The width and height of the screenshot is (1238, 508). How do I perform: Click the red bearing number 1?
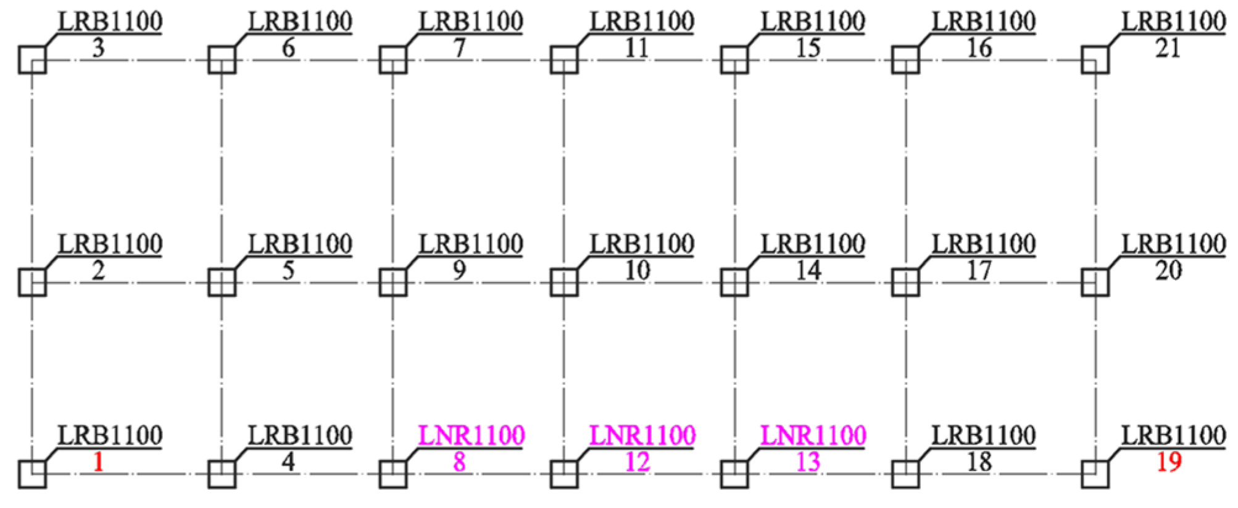(98, 462)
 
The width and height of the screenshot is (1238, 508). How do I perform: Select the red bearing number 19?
(1168, 462)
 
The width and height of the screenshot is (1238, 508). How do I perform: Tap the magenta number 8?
(459, 462)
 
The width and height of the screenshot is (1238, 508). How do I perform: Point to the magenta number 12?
(637, 462)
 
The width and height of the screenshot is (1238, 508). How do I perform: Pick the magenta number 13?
(808, 462)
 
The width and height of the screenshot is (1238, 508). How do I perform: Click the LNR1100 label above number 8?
(472, 435)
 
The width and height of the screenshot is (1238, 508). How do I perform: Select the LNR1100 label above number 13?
(813, 435)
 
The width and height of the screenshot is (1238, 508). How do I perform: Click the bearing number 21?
(1168, 48)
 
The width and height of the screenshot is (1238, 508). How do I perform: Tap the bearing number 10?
(637, 270)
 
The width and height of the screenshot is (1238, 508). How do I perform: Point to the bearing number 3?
(98, 48)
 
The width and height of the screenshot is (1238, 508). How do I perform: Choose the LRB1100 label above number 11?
(642, 22)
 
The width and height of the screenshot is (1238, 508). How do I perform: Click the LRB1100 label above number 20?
(1173, 244)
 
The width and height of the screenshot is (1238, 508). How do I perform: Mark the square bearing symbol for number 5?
(222, 283)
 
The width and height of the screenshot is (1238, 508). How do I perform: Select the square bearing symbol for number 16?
(905, 60)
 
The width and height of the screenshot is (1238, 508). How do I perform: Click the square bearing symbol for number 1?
(32, 474)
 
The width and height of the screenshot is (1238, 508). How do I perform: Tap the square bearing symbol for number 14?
(734, 283)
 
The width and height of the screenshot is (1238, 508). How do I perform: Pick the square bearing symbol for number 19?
(1095, 474)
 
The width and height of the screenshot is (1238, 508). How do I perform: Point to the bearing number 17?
(979, 270)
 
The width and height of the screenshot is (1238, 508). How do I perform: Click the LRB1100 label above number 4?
(300, 435)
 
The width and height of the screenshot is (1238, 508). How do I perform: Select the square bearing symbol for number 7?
(393, 60)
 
